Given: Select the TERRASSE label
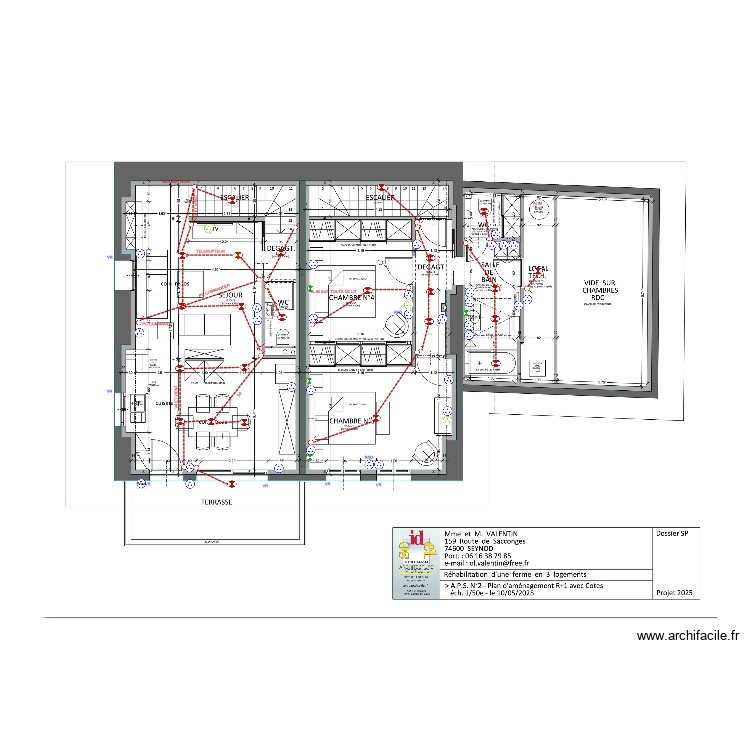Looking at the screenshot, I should pos(216,503).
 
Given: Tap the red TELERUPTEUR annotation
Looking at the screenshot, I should pos(211,251).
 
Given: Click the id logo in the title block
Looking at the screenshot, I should pos(407,545).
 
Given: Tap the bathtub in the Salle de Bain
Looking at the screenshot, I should pos(493,363).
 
